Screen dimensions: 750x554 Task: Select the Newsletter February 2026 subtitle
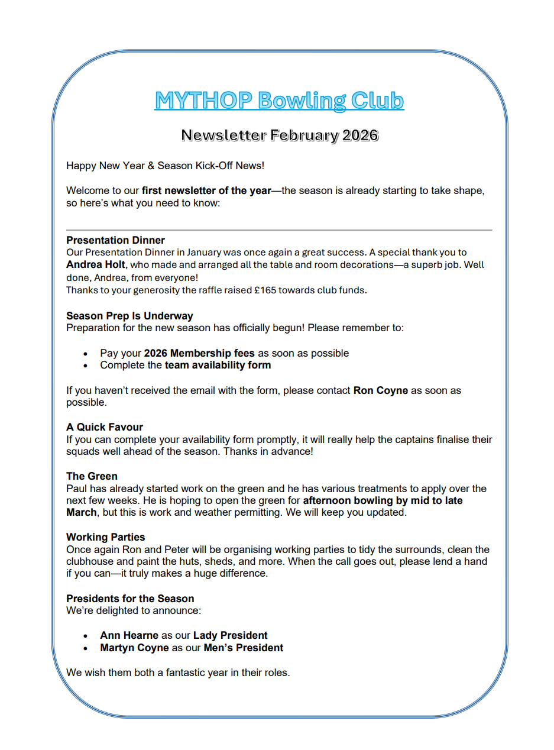pyautogui.click(x=280, y=135)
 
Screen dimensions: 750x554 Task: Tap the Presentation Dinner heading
pyautogui.click(x=115, y=240)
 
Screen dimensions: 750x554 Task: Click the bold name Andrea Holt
pyautogui.click(x=96, y=265)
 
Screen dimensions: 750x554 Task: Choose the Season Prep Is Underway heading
pyautogui.click(x=129, y=316)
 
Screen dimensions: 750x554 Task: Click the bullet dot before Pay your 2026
pyautogui.click(x=86, y=354)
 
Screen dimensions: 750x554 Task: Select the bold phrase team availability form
pyautogui.click(x=218, y=365)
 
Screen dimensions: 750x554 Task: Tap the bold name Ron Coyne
pyautogui.click(x=381, y=390)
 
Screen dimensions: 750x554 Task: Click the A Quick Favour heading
pyautogui.click(x=105, y=427)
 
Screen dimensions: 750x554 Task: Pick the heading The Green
pyautogui.click(x=92, y=476)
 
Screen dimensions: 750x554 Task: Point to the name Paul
pyautogui.click(x=77, y=489)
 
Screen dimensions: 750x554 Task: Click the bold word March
pyautogui.click(x=81, y=512)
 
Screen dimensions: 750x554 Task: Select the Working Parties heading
pyautogui.click(x=105, y=537)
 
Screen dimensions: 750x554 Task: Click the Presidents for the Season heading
pyautogui.click(x=130, y=599)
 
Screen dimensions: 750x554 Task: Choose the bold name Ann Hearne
pyautogui.click(x=129, y=635)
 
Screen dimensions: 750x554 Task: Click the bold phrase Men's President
pyautogui.click(x=243, y=648)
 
